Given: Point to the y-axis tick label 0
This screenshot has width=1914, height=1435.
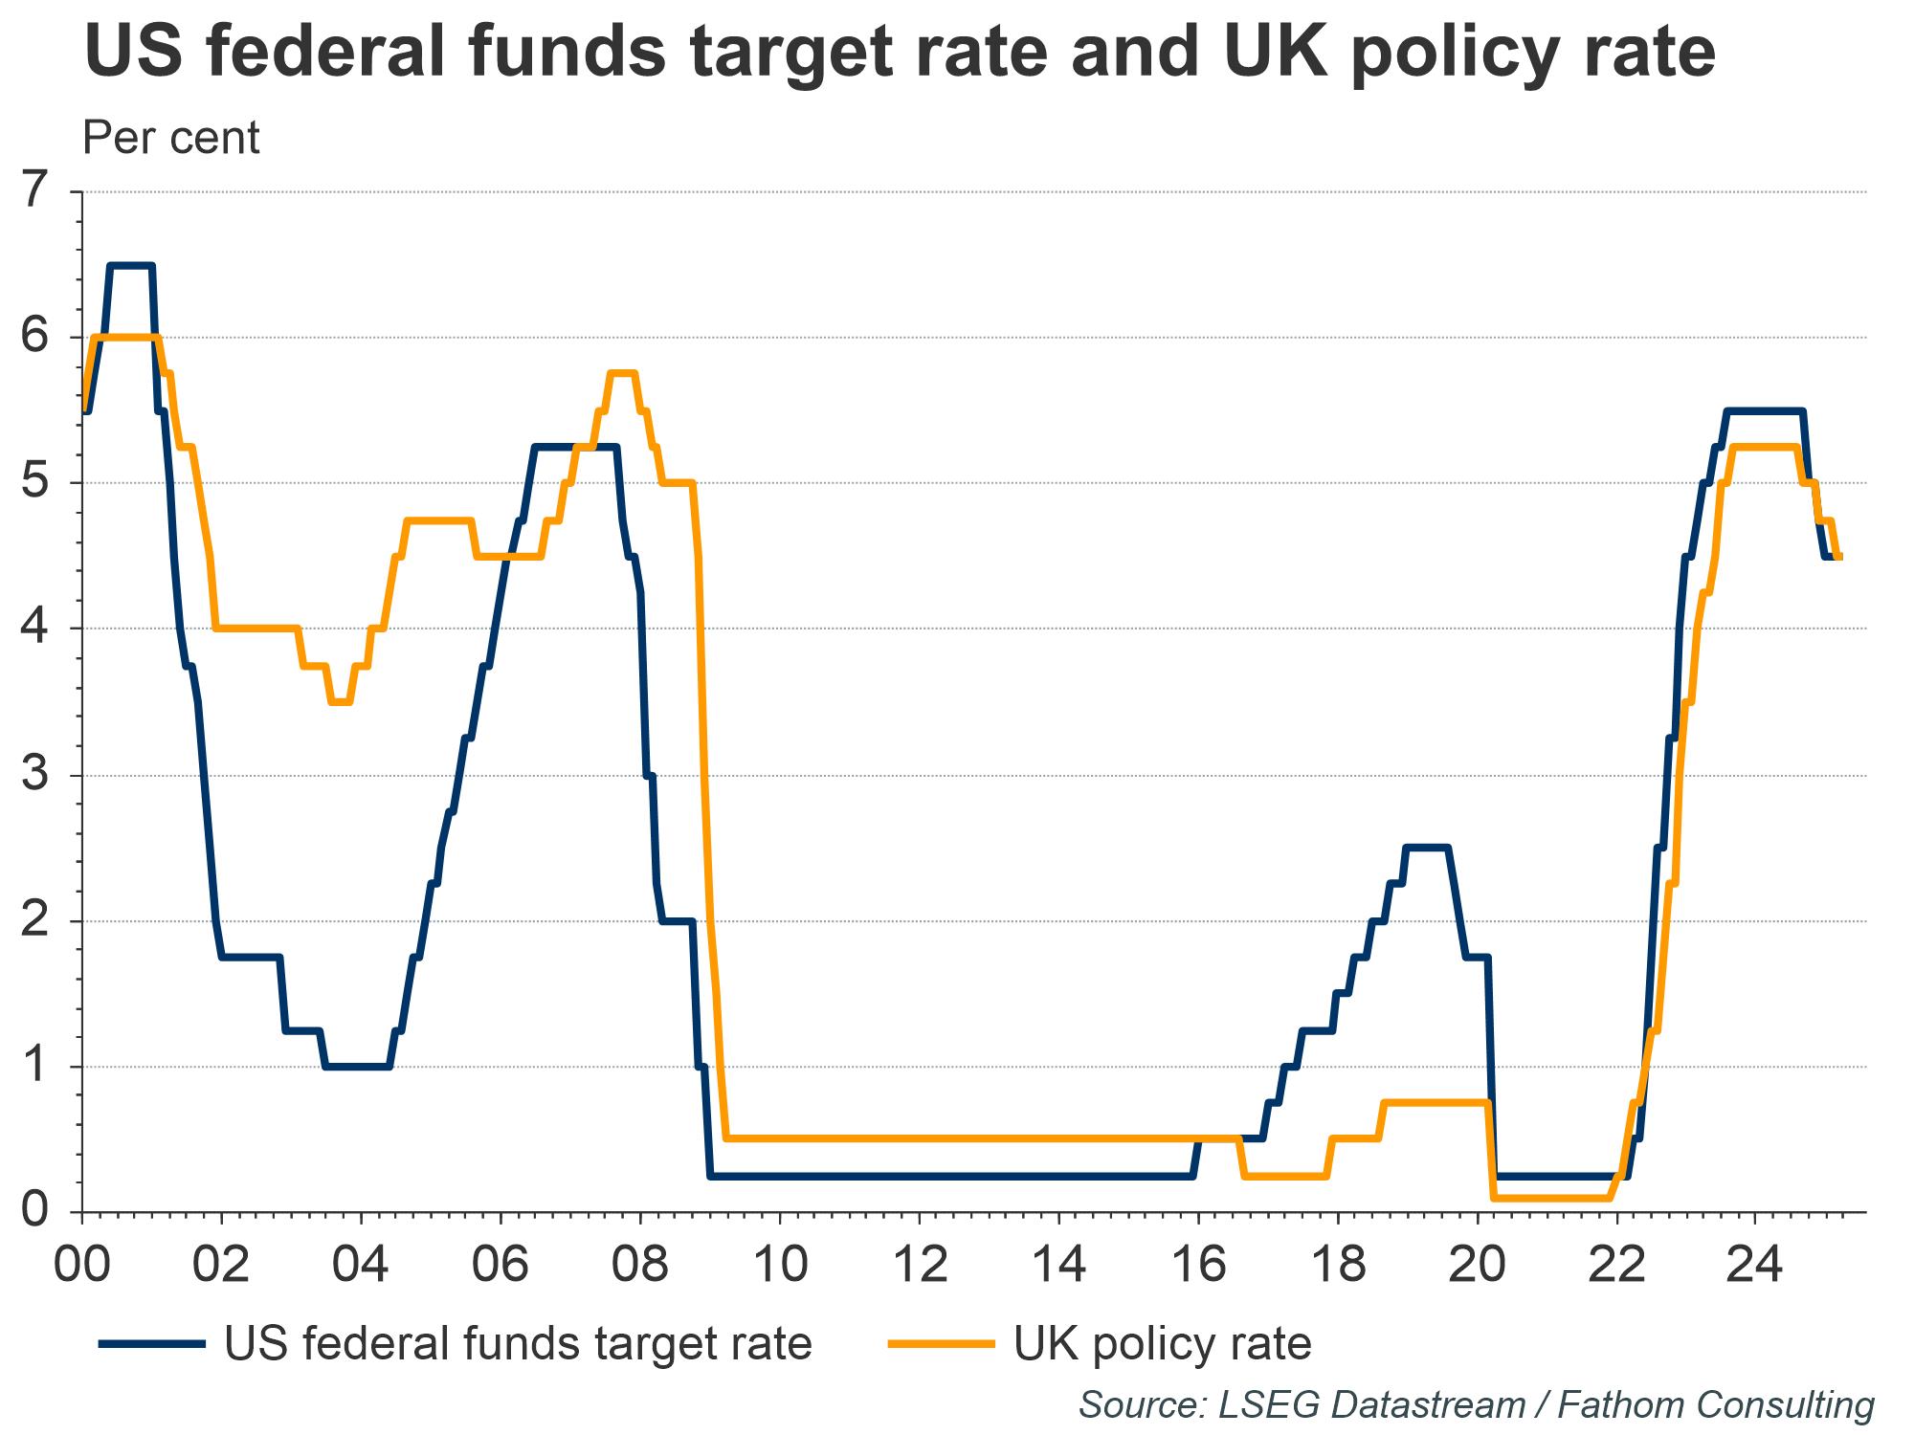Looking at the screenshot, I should point(35,1211).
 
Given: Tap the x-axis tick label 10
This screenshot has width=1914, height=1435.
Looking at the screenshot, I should point(780,1265).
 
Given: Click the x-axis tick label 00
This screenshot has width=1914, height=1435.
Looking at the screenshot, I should point(82,1265).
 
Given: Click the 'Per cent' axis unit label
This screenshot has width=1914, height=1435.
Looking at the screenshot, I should point(171,138).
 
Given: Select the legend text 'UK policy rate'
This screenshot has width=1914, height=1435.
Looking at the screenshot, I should point(1162,1344).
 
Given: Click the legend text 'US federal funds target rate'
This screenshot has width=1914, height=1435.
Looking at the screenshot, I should point(518,1344).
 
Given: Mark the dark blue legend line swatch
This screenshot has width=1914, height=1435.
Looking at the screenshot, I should point(153,1344).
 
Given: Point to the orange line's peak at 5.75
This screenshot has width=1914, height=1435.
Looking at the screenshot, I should point(622,374).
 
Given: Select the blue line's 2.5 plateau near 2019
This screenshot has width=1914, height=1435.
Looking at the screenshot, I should point(1427,848).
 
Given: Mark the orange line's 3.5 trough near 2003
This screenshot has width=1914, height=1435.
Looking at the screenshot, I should point(340,702).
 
